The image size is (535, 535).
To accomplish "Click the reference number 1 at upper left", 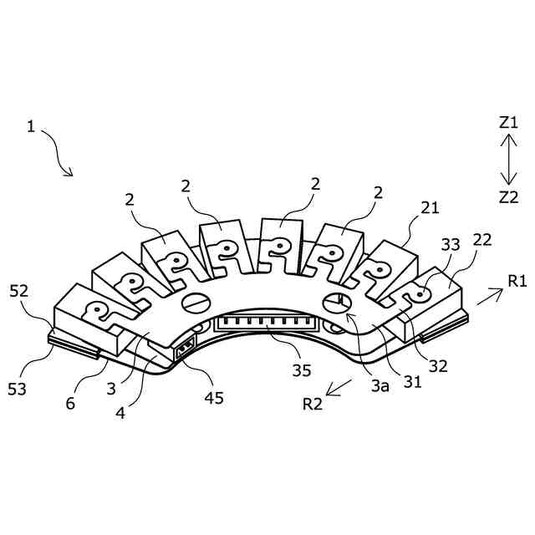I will (31, 127).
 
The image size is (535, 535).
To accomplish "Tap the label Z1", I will (508, 122).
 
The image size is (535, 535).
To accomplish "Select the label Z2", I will (508, 197).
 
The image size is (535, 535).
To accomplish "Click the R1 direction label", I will (517, 281).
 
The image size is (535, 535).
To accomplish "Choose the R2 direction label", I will (313, 405).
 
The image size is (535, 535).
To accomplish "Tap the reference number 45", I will (214, 398).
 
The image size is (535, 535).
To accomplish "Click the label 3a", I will (380, 385).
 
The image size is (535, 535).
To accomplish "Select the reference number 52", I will (20, 292).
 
